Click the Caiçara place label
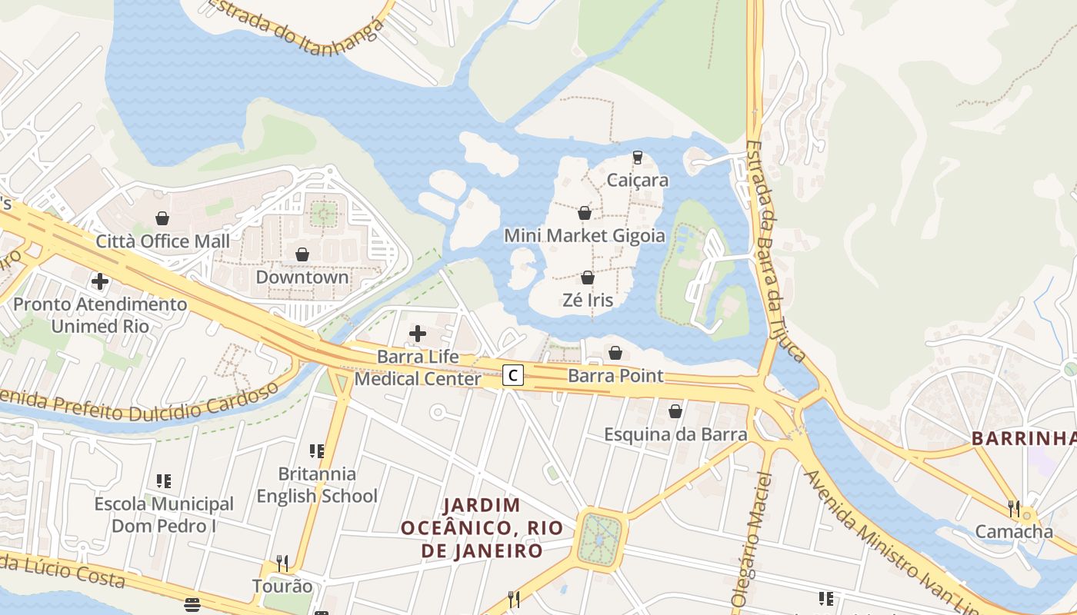[x=637, y=181]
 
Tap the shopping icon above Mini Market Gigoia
[x=585, y=213]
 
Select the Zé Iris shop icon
[x=588, y=278]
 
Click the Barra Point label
[x=615, y=376]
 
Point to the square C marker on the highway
[x=513, y=375]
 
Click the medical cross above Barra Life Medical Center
[x=418, y=334]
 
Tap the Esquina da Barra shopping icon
[x=675, y=411]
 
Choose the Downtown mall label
[x=302, y=277]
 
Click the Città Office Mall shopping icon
[x=162, y=218]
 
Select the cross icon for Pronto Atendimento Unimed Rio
[x=100, y=281]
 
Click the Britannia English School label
[x=317, y=485]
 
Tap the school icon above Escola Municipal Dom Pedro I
[x=164, y=481]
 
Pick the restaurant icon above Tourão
[x=282, y=563]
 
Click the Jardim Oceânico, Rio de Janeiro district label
[x=482, y=528]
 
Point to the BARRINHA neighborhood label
[x=1023, y=438]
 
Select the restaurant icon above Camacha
[x=1014, y=508]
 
